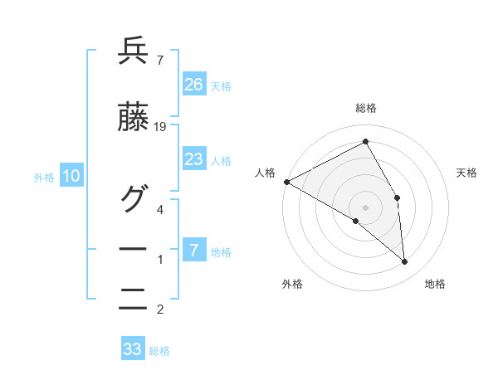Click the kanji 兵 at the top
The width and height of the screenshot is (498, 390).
[133, 53]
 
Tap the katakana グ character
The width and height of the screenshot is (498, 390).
[133, 197]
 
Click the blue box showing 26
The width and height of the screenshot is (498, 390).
[193, 84]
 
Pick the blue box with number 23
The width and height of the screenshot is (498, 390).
[193, 160]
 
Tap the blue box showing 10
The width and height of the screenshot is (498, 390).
[71, 176]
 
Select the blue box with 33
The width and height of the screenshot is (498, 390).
[133, 349]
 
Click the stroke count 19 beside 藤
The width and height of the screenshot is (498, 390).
[160, 127]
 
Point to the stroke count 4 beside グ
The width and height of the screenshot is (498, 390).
[160, 209]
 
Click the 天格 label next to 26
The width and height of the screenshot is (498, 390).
[221, 85]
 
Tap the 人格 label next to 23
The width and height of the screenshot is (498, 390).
[221, 161]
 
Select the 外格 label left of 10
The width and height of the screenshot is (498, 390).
[44, 177]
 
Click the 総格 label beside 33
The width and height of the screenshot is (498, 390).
[159, 351]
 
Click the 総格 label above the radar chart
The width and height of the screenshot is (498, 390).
[365, 108]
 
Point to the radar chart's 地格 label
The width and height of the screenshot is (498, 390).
[435, 285]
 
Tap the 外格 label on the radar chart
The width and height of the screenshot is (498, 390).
[292, 285]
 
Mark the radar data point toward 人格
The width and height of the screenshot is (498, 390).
[286, 182]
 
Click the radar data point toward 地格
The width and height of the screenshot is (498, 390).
[404, 262]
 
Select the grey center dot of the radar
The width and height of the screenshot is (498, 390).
[365, 207]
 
